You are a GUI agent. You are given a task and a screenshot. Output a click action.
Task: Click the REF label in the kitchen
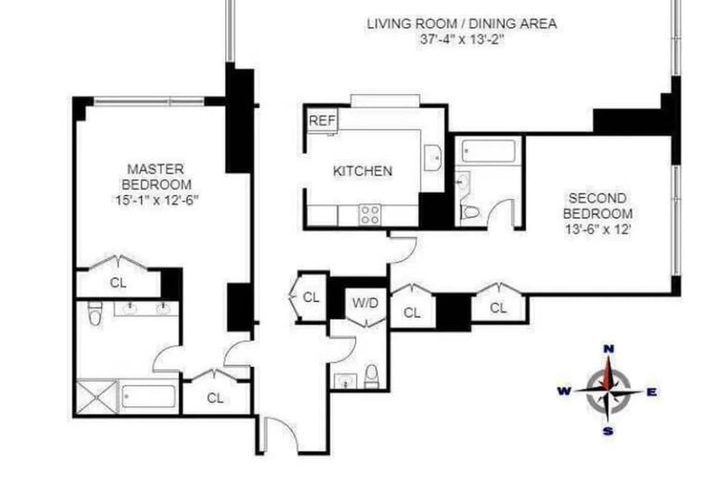point(322,121)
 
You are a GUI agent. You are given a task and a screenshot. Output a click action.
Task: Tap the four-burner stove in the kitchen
point(371,214)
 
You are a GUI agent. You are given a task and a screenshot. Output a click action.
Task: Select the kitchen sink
point(433,158)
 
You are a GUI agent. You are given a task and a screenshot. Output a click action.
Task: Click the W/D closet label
point(365,303)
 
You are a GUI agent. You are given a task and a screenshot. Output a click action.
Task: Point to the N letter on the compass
point(608,349)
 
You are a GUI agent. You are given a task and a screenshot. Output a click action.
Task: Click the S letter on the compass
point(608,431)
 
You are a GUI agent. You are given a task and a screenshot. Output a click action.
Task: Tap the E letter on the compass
point(652,392)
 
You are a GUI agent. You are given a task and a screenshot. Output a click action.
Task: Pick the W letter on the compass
point(563,391)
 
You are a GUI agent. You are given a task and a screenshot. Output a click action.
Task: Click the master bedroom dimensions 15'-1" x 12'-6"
point(156,201)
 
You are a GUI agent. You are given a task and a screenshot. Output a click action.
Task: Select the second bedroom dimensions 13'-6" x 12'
point(597,229)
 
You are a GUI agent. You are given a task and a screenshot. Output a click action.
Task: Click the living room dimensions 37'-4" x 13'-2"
point(462,39)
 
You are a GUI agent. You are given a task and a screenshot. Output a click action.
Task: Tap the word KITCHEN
point(362,171)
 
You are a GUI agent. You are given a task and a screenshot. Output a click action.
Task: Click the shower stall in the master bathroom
point(97,397)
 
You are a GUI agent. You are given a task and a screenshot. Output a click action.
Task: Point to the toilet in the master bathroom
point(95,313)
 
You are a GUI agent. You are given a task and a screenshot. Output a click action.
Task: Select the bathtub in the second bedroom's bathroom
point(489,151)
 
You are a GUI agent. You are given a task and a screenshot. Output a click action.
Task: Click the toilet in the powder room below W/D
point(371,376)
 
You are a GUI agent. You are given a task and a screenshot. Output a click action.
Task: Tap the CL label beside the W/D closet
point(311,297)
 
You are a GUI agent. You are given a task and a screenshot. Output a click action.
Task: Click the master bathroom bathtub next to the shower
point(148,396)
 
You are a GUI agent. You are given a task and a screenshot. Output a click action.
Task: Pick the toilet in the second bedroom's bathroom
point(470,212)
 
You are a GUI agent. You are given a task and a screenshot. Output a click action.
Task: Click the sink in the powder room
point(345,381)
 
